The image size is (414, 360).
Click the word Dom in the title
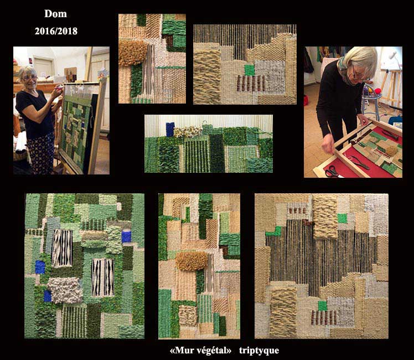click(55, 14)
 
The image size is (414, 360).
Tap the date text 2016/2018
click(56, 31)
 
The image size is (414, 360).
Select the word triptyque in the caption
click(259, 351)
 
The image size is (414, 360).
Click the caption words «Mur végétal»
click(201, 350)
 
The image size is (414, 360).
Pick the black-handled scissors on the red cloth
click(332, 172)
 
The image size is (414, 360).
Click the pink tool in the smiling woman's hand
click(61, 86)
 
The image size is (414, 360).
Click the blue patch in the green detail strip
click(170, 130)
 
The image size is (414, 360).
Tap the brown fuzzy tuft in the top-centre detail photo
click(133, 53)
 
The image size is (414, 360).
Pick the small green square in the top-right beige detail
click(249, 70)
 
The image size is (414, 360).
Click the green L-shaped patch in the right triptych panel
click(274, 232)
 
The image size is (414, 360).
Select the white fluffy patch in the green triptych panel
click(65, 290)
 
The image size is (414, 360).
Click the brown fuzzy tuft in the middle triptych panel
click(192, 261)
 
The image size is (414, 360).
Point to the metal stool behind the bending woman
click(371, 103)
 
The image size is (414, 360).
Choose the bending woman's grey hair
click(363, 59)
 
